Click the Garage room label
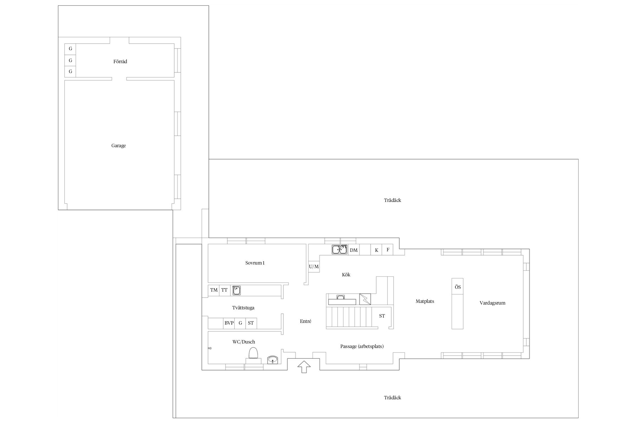(119, 146)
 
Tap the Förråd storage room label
(120, 61)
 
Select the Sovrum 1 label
(255, 263)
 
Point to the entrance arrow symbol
(304, 367)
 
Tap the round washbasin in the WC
(273, 359)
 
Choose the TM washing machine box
(214, 290)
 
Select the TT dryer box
(224, 290)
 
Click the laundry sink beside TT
(237, 290)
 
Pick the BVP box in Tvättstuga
(229, 323)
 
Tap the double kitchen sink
(339, 250)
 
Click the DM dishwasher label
(354, 250)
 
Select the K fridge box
(376, 250)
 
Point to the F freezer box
(388, 250)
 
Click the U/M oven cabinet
(314, 266)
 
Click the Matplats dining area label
(425, 301)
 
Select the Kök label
(346, 275)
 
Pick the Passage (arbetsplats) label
(362, 346)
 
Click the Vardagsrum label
(492, 303)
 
